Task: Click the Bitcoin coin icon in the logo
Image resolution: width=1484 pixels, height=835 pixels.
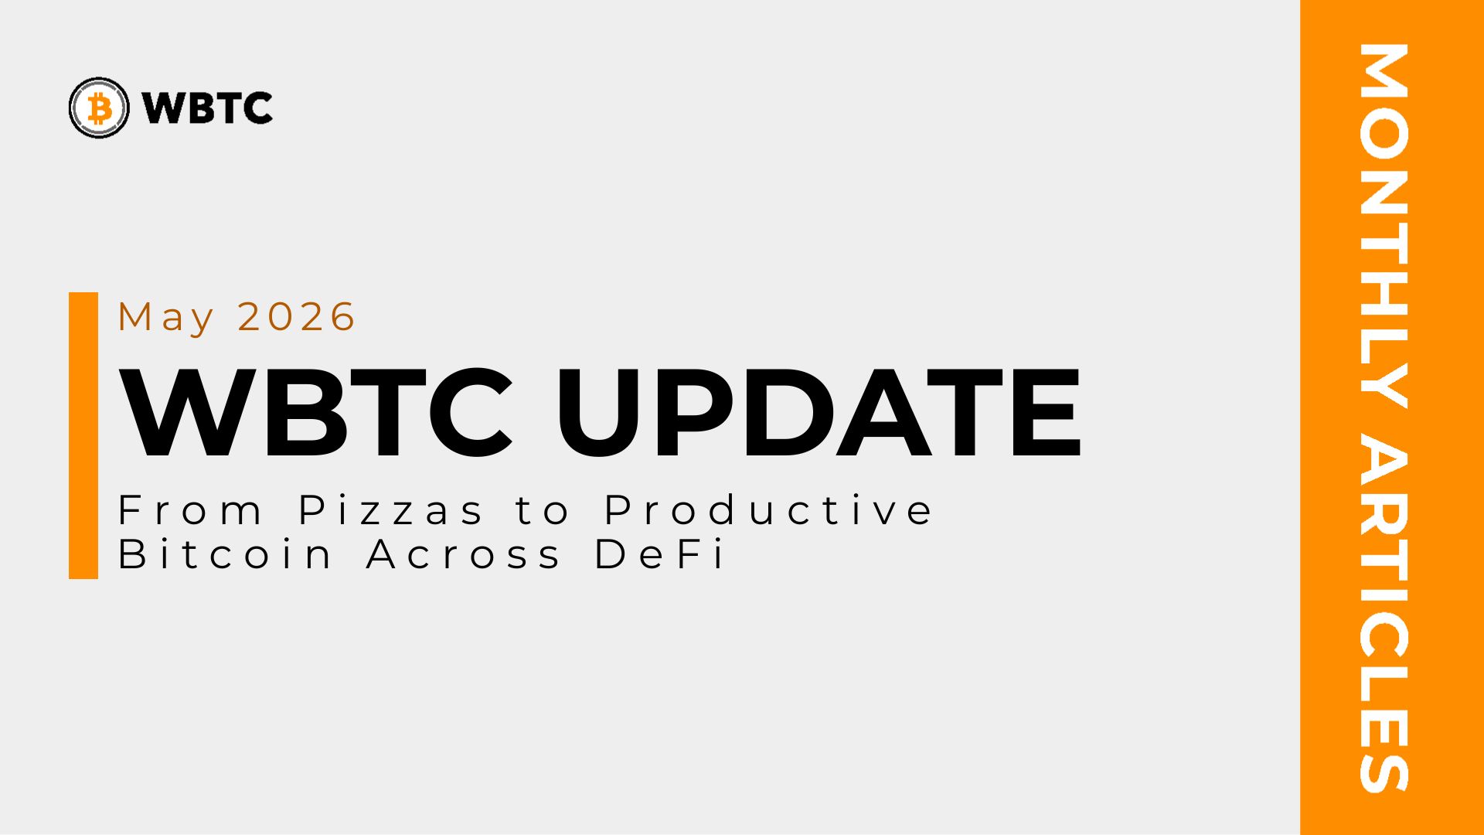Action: click(99, 107)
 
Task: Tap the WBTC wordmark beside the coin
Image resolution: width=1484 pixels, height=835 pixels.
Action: click(207, 107)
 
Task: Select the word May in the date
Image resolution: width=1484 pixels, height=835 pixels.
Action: click(166, 318)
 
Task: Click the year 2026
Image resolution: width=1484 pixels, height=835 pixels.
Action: click(296, 316)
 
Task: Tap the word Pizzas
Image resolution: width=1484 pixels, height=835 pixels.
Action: click(391, 510)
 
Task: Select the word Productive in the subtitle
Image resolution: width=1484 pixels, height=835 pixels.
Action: click(768, 510)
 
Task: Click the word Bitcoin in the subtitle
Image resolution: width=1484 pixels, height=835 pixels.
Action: click(225, 554)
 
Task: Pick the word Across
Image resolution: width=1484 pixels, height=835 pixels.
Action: click(464, 554)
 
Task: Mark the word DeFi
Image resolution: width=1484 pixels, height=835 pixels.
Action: click(660, 554)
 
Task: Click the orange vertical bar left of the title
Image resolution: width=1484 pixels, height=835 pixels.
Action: click(83, 435)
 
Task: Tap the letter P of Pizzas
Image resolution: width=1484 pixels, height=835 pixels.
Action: click(312, 510)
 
